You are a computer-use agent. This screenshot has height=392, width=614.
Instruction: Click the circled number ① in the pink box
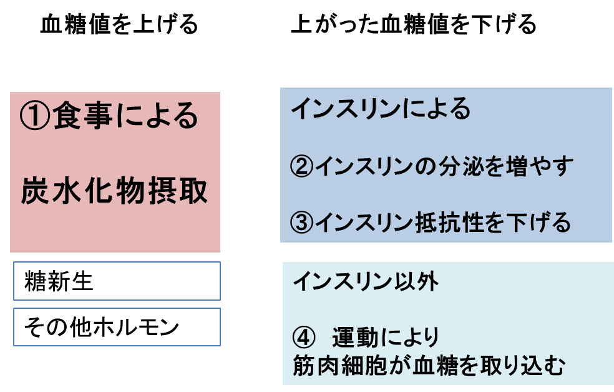(x=36, y=117)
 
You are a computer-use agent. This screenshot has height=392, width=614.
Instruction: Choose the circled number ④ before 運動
(x=302, y=338)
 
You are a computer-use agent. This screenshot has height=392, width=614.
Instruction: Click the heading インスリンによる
(x=380, y=110)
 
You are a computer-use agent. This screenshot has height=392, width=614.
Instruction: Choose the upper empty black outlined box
(x=117, y=281)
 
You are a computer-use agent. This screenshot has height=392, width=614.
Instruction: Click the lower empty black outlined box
(x=117, y=327)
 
